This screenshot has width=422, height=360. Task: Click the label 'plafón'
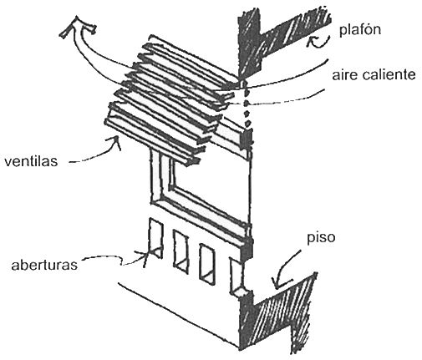click(360, 30)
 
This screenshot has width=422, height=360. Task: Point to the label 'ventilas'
click(31, 161)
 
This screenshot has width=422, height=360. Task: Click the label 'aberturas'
click(44, 265)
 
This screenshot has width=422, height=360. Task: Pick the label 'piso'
click(321, 238)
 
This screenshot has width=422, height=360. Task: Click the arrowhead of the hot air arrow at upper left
click(77, 26)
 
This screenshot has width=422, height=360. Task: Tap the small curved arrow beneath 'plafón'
click(318, 42)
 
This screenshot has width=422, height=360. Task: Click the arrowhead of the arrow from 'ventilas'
click(116, 141)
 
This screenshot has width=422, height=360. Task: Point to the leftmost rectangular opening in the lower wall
click(155, 238)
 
